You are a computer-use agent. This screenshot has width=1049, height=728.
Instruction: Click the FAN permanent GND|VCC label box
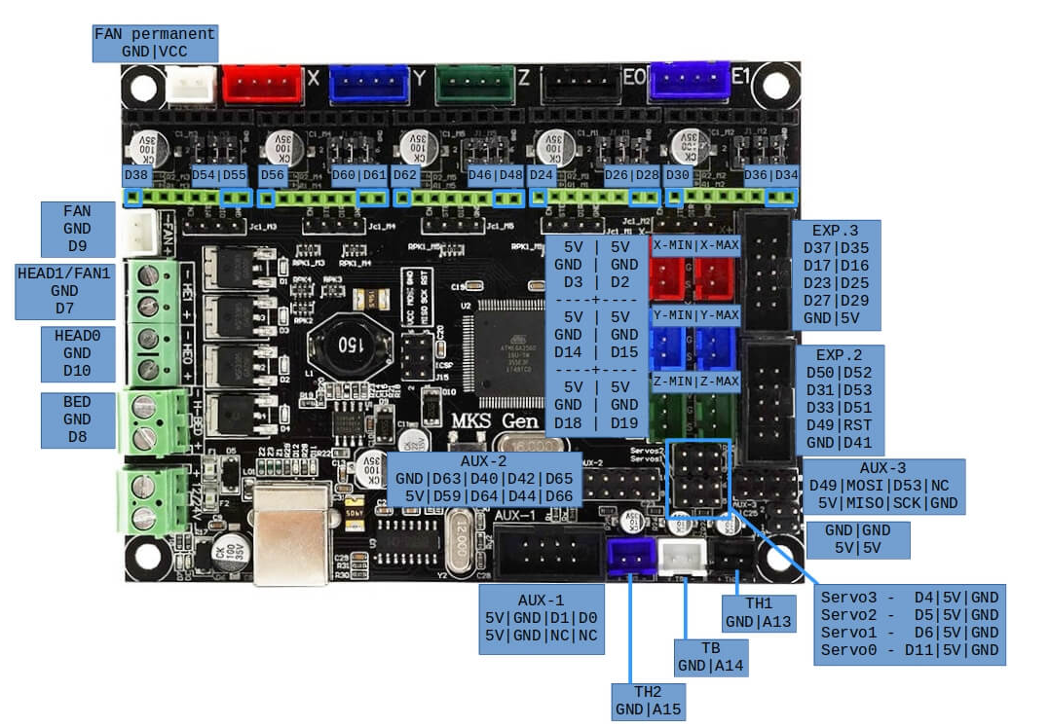tap(155, 42)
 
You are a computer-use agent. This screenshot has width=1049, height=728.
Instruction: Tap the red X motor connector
tap(263, 84)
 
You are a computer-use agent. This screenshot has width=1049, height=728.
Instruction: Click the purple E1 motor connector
tap(690, 82)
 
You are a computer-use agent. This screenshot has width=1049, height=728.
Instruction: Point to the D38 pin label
tap(136, 175)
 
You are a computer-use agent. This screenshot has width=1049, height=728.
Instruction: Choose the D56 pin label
tap(273, 175)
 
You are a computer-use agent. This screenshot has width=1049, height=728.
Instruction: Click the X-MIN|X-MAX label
tap(696, 244)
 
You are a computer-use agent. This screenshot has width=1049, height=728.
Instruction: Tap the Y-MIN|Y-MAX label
tap(696, 315)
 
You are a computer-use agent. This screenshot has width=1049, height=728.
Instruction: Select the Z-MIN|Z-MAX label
tap(696, 381)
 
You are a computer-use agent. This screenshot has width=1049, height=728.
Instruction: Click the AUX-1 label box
tap(543, 619)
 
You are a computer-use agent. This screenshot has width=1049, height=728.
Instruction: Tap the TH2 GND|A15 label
tap(650, 702)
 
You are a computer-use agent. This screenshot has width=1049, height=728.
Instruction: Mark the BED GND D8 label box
tap(77, 419)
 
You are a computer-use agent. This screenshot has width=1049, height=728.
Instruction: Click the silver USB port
tap(292, 530)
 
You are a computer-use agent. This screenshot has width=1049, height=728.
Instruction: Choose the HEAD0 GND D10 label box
tap(77, 353)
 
